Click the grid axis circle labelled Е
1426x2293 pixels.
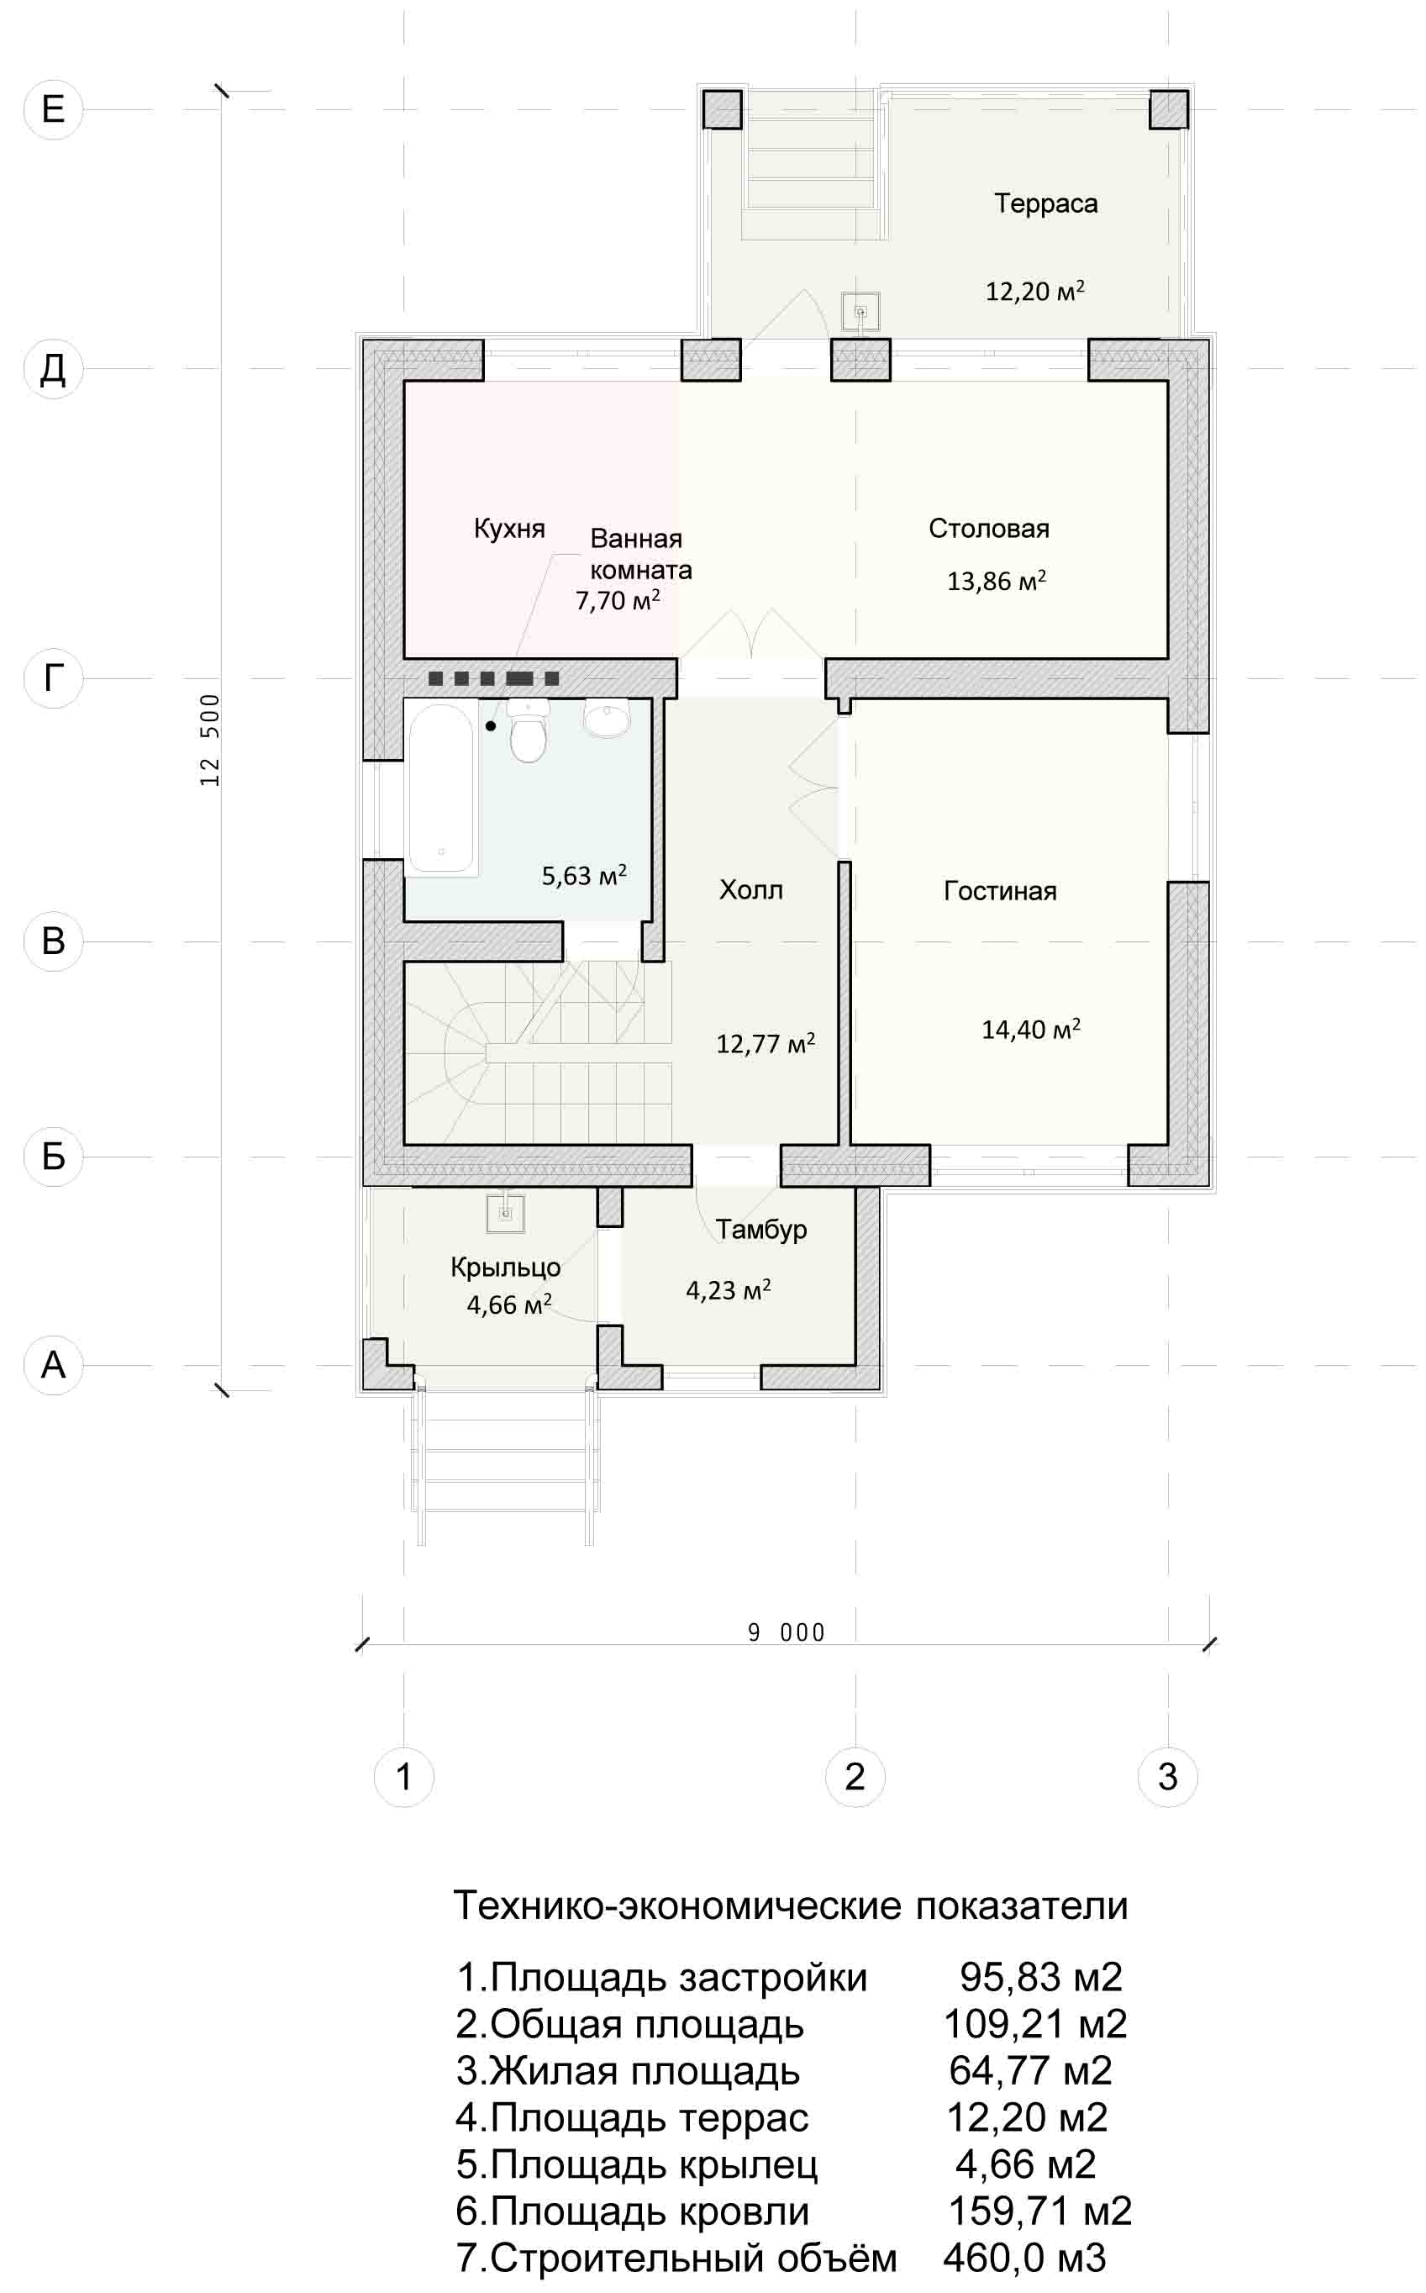[53, 109]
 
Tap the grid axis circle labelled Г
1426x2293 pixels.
[53, 678]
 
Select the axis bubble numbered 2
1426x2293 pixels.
[855, 1776]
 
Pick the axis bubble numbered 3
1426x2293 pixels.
[1167, 1776]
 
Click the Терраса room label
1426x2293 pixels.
[1046, 203]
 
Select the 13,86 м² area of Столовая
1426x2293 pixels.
[996, 580]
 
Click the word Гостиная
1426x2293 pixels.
[1000, 891]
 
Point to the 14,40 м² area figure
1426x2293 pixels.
[1031, 1029]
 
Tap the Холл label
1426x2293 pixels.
[750, 889]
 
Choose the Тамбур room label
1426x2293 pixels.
[760, 1230]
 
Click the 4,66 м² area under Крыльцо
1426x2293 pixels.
[509, 1305]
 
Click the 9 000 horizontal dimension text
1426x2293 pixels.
[787, 1632]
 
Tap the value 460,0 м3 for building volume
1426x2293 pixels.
[1024, 2258]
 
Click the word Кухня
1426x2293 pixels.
[509, 530]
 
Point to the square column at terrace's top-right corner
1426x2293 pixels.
[1169, 109]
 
